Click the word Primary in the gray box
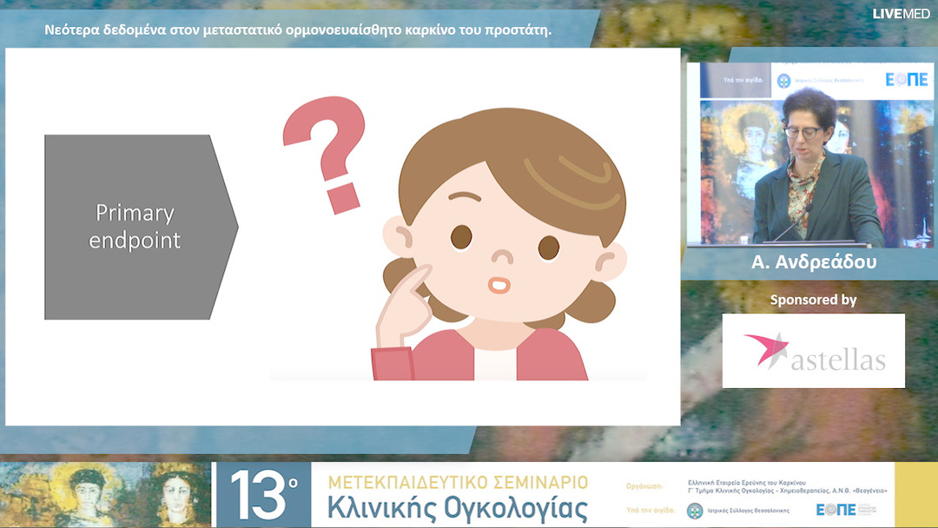pyautogui.click(x=135, y=213)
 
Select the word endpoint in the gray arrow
pyautogui.click(x=135, y=240)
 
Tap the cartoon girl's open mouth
pyautogui.click(x=499, y=285)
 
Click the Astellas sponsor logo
pyautogui.click(x=814, y=351)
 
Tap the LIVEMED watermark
pyautogui.click(x=902, y=13)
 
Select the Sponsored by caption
pyautogui.click(x=813, y=300)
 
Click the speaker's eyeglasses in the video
pyautogui.click(x=803, y=132)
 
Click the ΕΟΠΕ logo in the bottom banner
pyautogui.click(x=836, y=510)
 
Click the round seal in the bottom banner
pyautogui.click(x=696, y=511)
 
